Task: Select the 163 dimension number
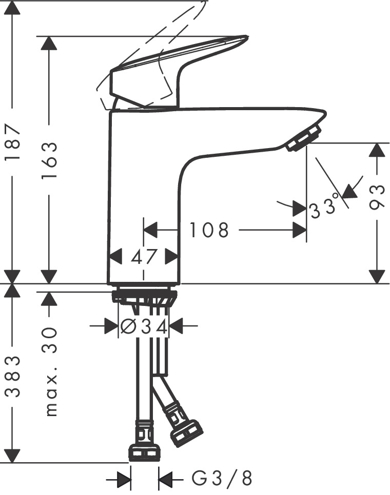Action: (49, 160)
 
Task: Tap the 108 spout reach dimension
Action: (209, 230)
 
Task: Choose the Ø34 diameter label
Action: (144, 326)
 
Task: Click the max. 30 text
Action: (50, 371)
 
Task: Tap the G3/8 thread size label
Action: (222, 479)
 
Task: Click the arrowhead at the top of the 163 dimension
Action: (49, 43)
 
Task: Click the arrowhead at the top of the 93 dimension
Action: (377, 150)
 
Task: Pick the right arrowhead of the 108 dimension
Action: (300, 230)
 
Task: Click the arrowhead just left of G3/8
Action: (165, 480)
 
